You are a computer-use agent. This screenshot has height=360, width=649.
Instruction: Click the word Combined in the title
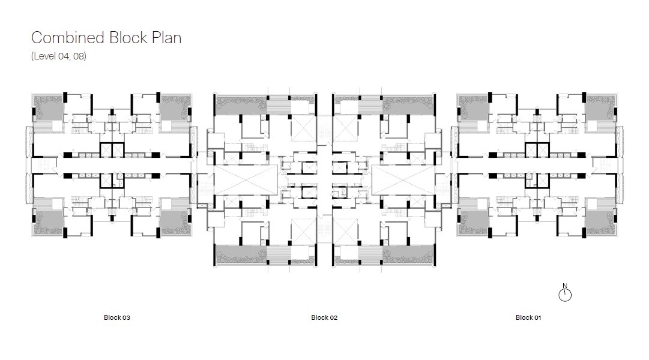pos(68,38)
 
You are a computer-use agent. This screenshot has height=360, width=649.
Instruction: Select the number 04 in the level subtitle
pos(63,56)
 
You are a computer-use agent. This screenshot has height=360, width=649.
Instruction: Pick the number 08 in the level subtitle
pos(79,56)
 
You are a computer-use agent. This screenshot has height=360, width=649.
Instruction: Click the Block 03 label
pos(116,317)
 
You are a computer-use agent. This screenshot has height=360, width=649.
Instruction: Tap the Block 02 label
pos(324,317)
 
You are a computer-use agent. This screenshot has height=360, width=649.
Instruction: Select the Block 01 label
pos(528,317)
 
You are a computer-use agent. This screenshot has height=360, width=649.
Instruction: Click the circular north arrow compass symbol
pos(565,295)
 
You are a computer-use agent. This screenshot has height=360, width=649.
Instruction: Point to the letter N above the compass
pos(565,286)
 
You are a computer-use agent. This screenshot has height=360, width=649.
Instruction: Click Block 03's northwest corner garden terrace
pos(48,108)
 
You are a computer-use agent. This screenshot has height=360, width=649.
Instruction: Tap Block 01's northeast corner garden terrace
pos(600,108)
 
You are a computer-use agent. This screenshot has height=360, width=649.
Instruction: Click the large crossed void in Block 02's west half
pos(246,180)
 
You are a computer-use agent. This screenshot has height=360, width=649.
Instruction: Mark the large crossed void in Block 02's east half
pos(403,180)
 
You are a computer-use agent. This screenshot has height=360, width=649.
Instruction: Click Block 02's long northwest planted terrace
pos(241,105)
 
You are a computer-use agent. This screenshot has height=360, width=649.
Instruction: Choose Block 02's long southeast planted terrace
pos(408,254)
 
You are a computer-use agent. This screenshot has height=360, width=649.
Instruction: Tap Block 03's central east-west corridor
pos(112,165)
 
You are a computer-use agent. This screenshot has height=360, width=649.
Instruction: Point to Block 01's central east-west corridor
pos(537,165)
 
